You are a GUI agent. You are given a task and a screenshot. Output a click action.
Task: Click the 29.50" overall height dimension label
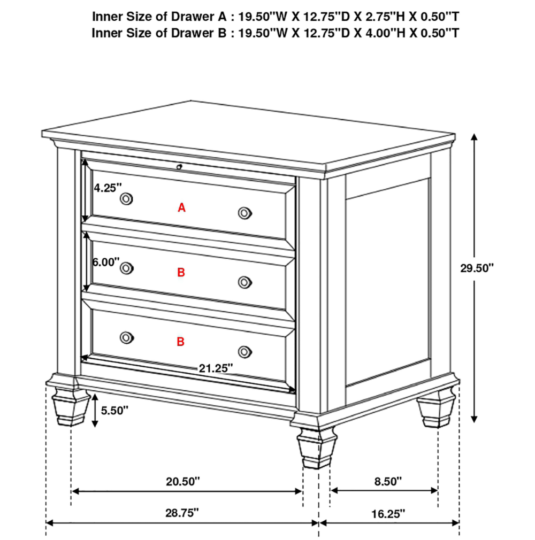click(x=477, y=268)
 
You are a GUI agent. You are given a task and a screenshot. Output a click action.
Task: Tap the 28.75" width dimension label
click(x=182, y=513)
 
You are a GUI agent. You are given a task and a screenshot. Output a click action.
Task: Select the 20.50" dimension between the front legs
click(x=182, y=481)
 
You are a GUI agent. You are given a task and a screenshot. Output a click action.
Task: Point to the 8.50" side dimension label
click(x=388, y=481)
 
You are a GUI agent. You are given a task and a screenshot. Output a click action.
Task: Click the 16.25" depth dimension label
click(x=388, y=514)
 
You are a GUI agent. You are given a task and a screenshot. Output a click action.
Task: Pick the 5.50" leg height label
click(x=114, y=411)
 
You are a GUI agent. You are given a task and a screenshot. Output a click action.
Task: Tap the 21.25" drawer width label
click(x=216, y=368)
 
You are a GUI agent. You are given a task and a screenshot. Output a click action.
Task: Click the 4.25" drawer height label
click(x=108, y=188)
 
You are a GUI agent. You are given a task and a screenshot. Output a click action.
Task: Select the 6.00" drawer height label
click(x=106, y=262)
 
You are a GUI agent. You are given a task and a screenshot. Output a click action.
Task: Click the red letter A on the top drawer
click(x=182, y=207)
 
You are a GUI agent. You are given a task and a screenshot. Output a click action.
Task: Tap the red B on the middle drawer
click(x=181, y=273)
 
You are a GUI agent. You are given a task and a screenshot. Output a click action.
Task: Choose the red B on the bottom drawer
click(x=181, y=342)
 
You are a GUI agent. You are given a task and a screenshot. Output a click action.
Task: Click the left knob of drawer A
click(x=126, y=199)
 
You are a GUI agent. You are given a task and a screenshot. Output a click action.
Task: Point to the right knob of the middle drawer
click(x=244, y=282)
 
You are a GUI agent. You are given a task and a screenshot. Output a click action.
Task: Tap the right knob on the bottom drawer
click(x=244, y=352)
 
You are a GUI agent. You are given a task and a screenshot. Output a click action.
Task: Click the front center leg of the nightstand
click(x=317, y=448)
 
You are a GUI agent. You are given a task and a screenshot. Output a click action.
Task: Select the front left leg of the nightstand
click(x=70, y=406)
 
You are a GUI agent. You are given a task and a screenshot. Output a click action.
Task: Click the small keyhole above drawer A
click(x=179, y=167)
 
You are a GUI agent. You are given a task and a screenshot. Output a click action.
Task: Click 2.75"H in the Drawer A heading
click(x=385, y=17)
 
